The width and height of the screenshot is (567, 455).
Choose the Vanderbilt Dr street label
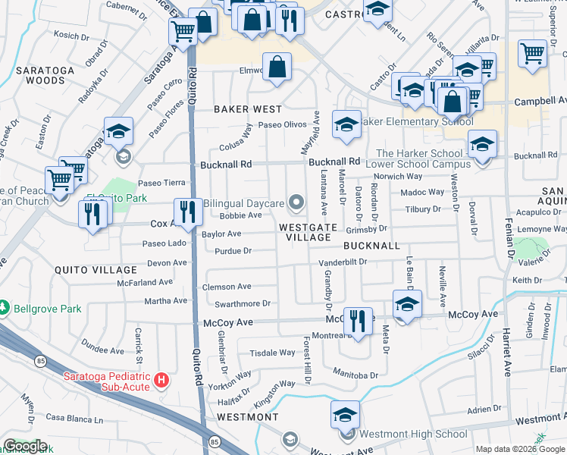(x=341, y=261)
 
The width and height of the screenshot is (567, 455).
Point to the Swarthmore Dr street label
(x=245, y=303)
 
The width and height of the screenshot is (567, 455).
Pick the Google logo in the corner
(x=25, y=446)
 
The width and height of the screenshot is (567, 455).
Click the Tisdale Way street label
(x=272, y=353)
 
